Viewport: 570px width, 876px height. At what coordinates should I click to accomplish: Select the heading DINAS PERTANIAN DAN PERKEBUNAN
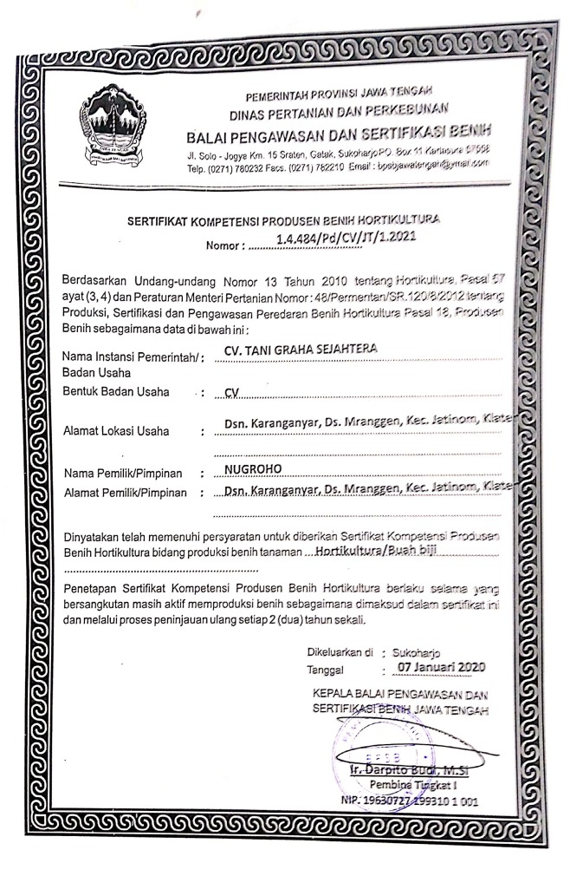click(338, 110)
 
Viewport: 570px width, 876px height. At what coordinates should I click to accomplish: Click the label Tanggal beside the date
click(325, 670)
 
